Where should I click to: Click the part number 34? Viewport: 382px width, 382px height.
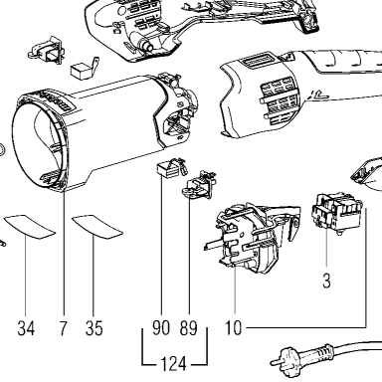pyautogui.click(x=26, y=328)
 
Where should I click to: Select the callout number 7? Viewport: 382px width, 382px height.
pyautogui.click(x=63, y=328)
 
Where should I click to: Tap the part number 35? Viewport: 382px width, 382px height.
pyautogui.click(x=95, y=328)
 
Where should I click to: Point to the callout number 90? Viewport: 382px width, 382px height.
pyautogui.click(x=161, y=328)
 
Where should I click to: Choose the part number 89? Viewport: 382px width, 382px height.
pyautogui.click(x=189, y=328)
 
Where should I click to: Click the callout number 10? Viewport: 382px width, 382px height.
pyautogui.click(x=234, y=328)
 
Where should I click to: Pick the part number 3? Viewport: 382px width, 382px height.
pyautogui.click(x=326, y=282)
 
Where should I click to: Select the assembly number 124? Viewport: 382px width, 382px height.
pyautogui.click(x=173, y=364)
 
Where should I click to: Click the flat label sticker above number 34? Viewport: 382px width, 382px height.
pyautogui.click(x=30, y=227)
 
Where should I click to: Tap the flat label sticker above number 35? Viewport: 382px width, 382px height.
pyautogui.click(x=97, y=227)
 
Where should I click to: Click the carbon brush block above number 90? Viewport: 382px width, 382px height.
pyautogui.click(x=171, y=168)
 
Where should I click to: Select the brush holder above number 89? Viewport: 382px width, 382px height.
pyautogui.click(x=199, y=185)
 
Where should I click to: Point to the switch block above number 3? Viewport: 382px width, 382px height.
pyautogui.click(x=336, y=213)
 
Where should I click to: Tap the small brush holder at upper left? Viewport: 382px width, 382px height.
pyautogui.click(x=47, y=50)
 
